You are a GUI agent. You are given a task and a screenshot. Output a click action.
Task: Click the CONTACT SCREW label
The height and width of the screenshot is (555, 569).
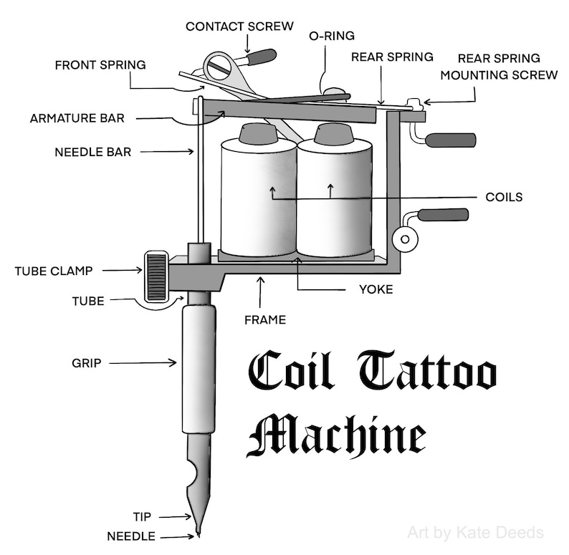coord(239,26)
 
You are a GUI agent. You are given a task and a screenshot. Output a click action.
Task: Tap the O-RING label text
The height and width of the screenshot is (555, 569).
coord(332,36)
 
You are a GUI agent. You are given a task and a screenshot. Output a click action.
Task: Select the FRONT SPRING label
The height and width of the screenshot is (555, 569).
coord(100,65)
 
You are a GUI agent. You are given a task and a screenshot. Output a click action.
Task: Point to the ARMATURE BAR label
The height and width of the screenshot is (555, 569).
coord(77,118)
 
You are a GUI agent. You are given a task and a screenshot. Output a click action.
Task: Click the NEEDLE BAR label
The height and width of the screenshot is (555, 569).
coord(93,152)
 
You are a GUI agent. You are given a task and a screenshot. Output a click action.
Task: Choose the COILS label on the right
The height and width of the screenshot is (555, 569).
coord(504,197)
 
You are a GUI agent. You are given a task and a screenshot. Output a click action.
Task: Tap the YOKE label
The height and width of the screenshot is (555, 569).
coord(376,289)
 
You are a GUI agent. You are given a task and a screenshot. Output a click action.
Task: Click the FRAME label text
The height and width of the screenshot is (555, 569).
coord(265,320)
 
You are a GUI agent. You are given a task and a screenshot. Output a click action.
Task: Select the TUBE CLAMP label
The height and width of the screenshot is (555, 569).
coord(54,271)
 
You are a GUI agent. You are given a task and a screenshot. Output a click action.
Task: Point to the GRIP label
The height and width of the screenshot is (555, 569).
coord(87,363)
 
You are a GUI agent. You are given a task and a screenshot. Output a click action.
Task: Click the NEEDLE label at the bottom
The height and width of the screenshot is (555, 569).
coord(131,536)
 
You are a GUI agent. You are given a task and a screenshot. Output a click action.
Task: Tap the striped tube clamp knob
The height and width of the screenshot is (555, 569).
coord(156,276)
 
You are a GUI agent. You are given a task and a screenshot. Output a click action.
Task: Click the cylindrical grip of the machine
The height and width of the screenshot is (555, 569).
coord(199,369)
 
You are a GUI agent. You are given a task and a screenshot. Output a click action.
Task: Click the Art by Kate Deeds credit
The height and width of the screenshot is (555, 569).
coord(475,533)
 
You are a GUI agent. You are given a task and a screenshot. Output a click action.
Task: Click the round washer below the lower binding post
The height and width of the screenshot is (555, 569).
coord(405,239)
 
